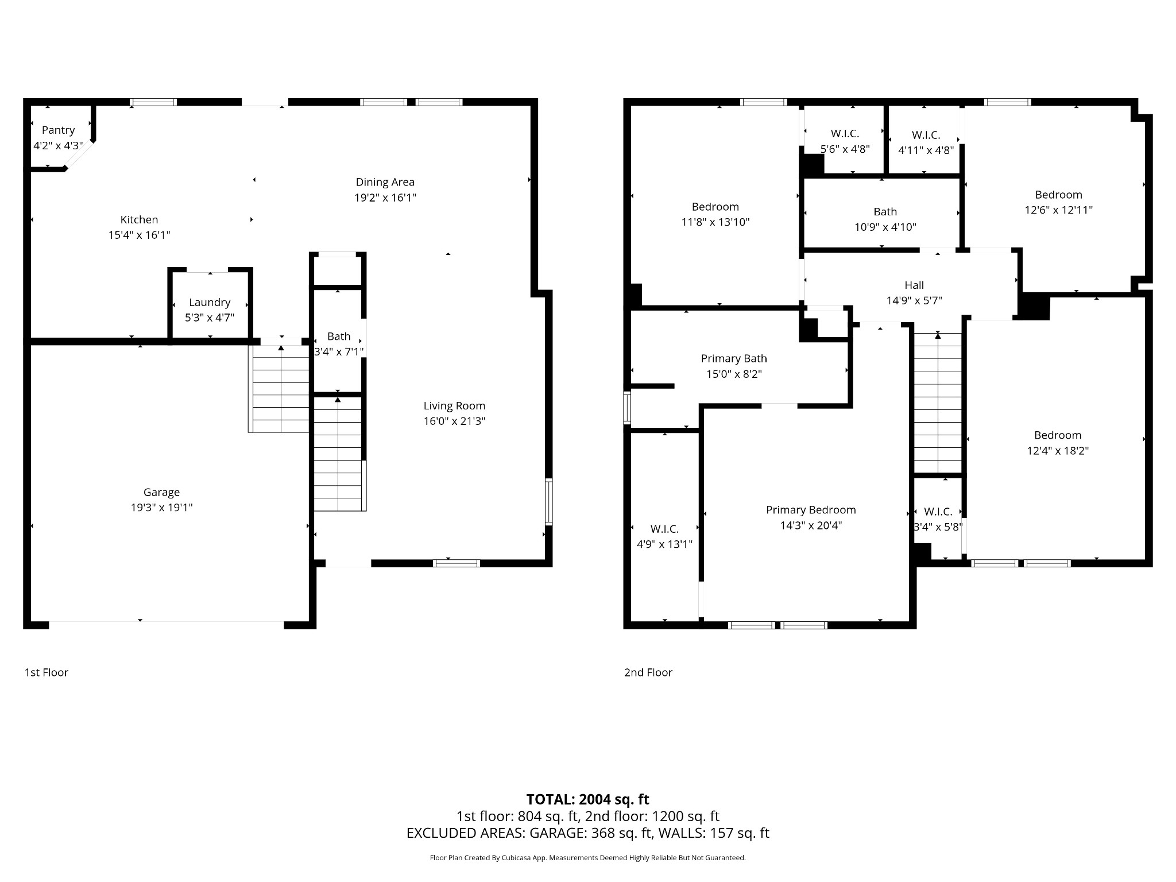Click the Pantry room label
(58, 130)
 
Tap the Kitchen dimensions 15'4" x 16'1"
(140, 235)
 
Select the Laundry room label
(210, 302)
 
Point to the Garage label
(161, 492)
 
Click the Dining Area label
(385, 182)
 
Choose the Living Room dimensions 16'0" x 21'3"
(455, 421)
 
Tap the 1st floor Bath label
(339, 336)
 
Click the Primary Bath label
(734, 359)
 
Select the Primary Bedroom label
(811, 510)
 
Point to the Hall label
(914, 285)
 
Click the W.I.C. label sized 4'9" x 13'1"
(664, 529)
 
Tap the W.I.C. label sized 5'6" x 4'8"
(845, 134)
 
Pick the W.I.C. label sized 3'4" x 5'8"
(938, 512)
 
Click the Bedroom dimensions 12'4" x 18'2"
(1058, 451)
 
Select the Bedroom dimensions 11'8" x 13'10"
(715, 222)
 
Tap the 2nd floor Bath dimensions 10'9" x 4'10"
(885, 227)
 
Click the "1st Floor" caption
(47, 672)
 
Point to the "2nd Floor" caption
(648, 672)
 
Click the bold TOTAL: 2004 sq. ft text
(588, 799)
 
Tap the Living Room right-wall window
(549, 502)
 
